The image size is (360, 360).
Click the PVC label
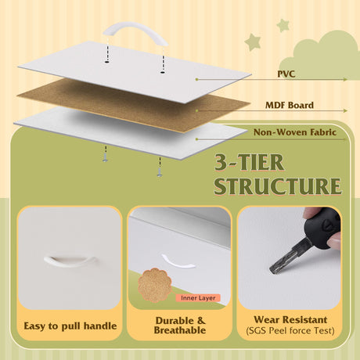[286, 74]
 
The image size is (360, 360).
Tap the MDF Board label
[290, 105]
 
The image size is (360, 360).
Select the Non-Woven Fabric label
[295, 132]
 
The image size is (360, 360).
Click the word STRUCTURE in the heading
[278, 186]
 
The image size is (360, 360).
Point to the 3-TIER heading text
[249, 162]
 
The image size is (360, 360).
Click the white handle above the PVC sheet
[135, 33]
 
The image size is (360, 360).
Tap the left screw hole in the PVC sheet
[106, 62]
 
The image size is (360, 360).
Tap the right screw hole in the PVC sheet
[163, 72]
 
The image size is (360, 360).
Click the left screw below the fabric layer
[105, 158]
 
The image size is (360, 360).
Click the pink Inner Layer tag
[198, 298]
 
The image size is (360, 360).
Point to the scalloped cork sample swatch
[155, 286]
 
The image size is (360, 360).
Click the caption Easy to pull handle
[70, 326]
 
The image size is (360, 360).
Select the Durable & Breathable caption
[180, 326]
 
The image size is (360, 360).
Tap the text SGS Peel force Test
[290, 330]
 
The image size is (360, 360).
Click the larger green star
[253, 42]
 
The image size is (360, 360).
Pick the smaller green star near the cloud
[283, 25]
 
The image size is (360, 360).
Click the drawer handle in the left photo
[70, 261]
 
